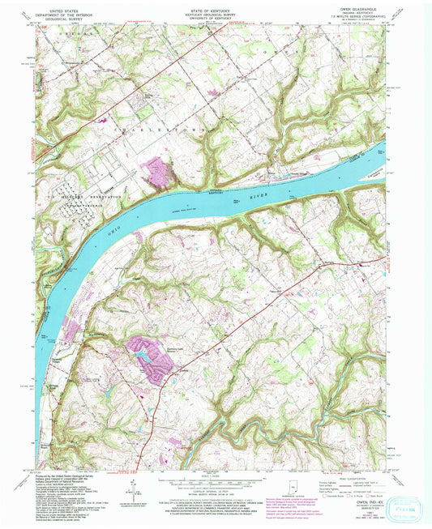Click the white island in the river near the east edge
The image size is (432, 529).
pos(380,151)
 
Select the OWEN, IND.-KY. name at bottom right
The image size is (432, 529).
pos(366,503)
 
